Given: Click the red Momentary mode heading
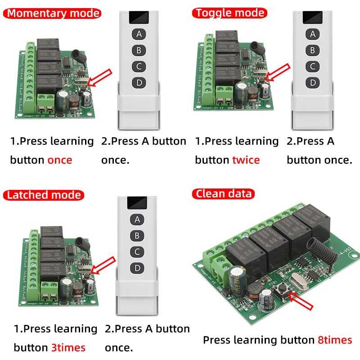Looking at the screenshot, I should tap(53, 13).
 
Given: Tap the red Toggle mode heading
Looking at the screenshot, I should tap(229, 13).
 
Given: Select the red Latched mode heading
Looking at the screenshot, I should tap(44, 195).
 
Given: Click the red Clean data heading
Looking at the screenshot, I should tap(224, 194).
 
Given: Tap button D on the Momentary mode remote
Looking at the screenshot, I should tap(139, 83).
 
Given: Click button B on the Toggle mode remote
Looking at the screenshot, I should tap(312, 50).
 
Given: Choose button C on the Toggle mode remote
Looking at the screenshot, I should tap(312, 67).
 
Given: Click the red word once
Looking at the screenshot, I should tap(60, 160).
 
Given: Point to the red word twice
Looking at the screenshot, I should tap(246, 160).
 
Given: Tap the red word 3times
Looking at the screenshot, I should tap(68, 348).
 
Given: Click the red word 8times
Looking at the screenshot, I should tap(335, 340).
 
